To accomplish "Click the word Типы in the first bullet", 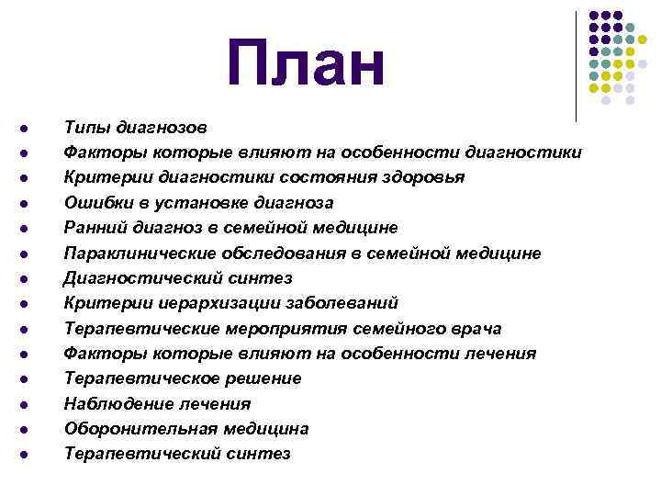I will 85,126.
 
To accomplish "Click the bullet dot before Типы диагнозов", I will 30,128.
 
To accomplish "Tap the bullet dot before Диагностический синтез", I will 30,278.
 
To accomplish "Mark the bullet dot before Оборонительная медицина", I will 30,430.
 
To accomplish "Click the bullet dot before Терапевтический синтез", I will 30,455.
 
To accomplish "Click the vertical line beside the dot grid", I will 577,64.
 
